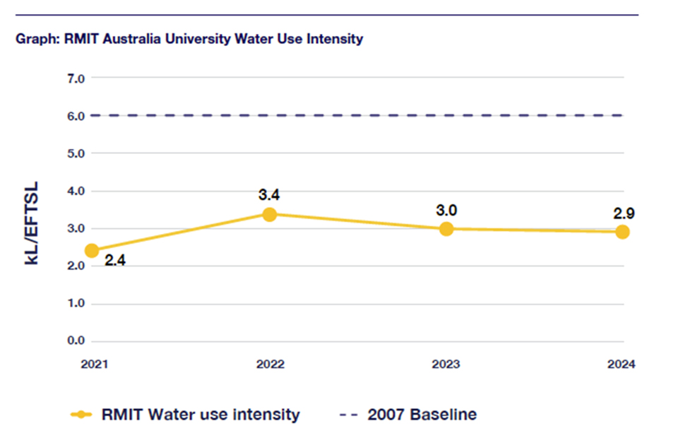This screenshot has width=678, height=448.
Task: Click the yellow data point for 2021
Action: point(92,251)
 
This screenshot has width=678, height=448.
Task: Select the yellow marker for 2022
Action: point(269,214)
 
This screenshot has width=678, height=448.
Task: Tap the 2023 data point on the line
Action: point(446,229)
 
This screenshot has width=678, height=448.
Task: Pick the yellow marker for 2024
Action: point(622,232)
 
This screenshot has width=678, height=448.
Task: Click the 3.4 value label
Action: point(269,194)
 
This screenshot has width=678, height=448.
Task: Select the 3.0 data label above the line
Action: point(446,210)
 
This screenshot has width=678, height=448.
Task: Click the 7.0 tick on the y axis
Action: point(76,78)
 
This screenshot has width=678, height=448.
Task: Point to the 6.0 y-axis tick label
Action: point(76,116)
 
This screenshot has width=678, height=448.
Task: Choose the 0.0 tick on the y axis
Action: point(76,341)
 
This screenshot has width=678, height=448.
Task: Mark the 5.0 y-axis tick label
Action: point(76,153)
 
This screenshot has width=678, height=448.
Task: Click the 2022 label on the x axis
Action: point(269,365)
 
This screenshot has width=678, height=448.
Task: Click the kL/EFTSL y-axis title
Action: point(32,223)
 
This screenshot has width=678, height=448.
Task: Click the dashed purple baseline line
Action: point(353,115)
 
